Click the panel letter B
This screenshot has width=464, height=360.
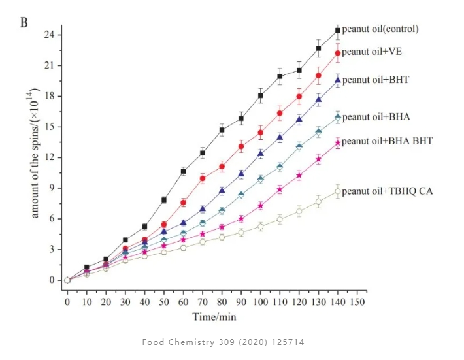point(24,23)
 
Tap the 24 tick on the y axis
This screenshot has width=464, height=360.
point(50,35)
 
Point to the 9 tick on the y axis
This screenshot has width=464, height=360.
point(52,188)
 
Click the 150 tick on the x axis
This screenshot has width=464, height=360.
point(357,303)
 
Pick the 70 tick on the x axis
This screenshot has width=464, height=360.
point(203,303)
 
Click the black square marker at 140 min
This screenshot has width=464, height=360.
point(338,30)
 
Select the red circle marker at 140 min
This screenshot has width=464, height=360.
point(338,53)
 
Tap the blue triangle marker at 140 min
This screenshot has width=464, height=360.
point(338,80)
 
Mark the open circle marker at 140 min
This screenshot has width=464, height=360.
point(338,191)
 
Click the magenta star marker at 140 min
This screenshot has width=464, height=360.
point(338,143)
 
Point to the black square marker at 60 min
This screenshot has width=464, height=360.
point(184,171)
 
